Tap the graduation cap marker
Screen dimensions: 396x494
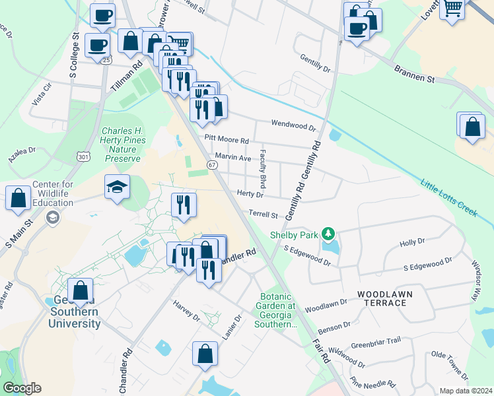tap(117, 187)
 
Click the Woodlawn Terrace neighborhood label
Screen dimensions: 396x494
tap(382, 297)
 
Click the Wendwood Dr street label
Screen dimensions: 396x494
tap(294, 124)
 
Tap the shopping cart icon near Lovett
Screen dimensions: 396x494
tap(453, 9)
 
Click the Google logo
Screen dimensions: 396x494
tap(22, 387)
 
